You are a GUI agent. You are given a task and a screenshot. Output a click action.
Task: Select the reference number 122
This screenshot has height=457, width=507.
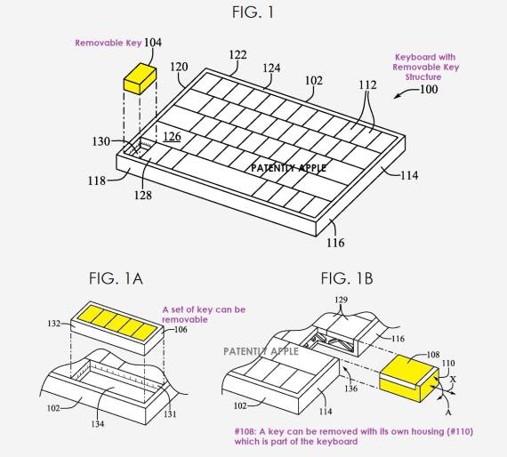237,55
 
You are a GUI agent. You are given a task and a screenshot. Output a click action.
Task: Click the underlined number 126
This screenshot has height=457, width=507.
172,136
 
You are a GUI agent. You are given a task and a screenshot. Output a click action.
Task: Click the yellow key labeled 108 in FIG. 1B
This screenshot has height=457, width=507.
404,371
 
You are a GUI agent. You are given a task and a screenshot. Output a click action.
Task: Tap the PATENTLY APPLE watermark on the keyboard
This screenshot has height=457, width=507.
288,167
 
